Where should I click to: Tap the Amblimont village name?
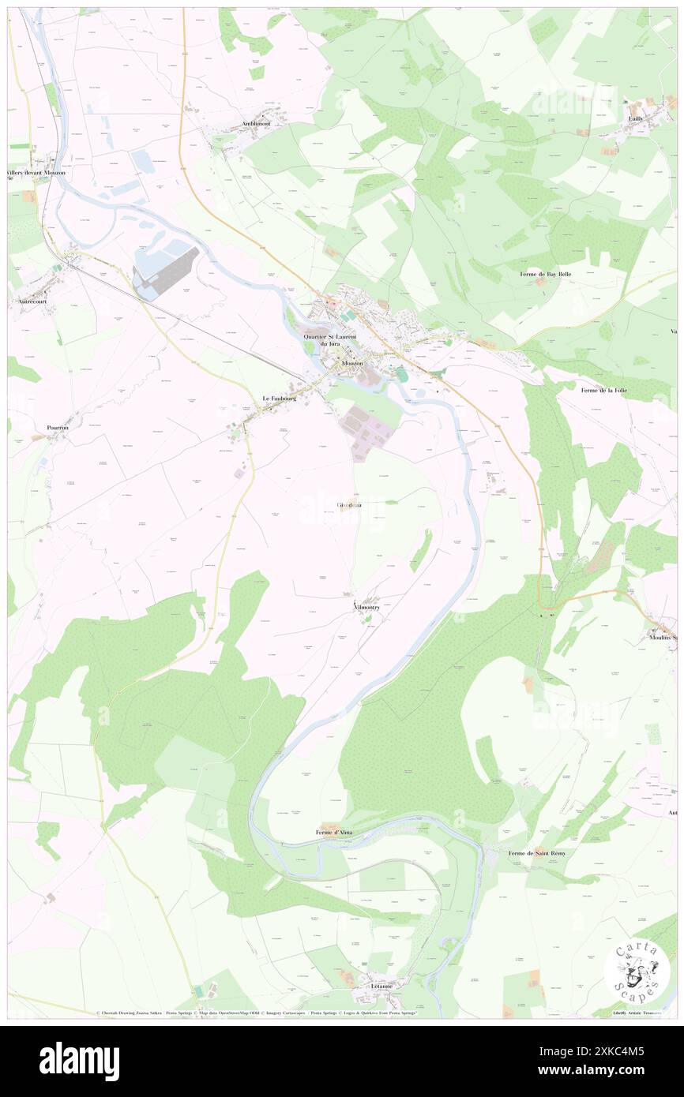point(257,124)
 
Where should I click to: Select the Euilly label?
point(634,118)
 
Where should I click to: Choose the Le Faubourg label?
point(280,399)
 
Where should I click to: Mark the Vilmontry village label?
point(367,608)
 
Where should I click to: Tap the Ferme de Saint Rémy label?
point(537,853)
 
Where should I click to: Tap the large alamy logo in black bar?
point(79,1061)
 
